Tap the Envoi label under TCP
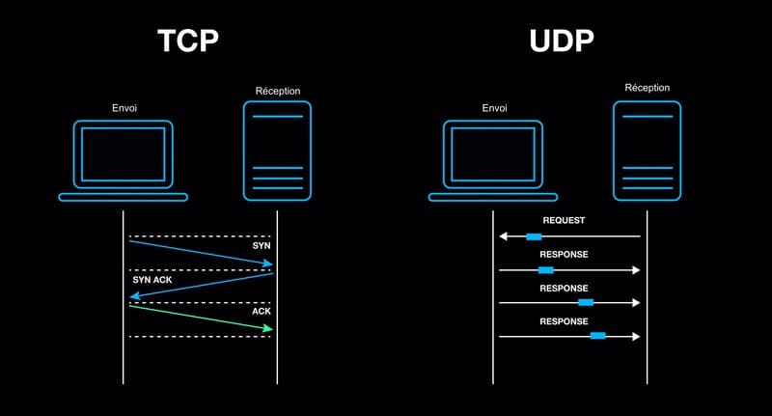pos(124,108)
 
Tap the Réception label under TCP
pos(277,91)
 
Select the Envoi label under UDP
pos(495,108)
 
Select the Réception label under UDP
pos(647,88)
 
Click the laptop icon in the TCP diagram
pos(123,160)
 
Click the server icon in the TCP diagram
pos(277,151)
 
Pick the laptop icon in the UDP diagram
pos(493,160)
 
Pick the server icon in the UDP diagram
pos(647,151)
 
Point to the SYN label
pos(262,246)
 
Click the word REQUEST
pos(564,221)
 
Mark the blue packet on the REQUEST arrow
pos(534,236)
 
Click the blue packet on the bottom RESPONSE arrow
pos(597,336)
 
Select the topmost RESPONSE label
pos(564,255)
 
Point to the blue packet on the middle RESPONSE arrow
pos(585,303)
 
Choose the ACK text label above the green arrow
pos(262,313)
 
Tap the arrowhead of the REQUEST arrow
pos(503,236)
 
